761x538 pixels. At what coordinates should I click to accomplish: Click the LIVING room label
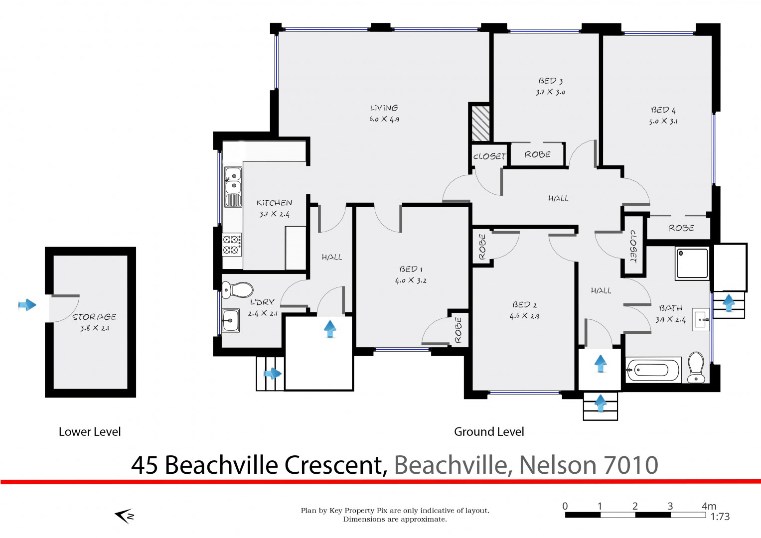point(384,108)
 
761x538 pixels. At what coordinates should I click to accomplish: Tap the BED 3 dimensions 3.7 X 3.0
point(550,92)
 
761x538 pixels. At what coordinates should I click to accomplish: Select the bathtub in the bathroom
point(653,370)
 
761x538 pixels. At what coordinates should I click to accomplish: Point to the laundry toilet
point(238,290)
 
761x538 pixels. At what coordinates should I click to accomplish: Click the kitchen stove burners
point(232,245)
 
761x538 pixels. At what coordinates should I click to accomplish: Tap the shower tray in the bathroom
point(692,264)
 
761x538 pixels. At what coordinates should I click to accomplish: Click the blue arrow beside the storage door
point(27,305)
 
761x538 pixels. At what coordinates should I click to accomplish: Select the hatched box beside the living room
point(481,124)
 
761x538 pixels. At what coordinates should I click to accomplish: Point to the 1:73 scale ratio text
point(720,517)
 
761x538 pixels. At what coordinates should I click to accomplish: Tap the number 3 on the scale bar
point(670,506)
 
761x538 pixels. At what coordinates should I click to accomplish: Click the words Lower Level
point(90,432)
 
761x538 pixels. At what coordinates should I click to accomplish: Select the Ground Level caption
point(489,432)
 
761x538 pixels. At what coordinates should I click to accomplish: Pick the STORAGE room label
point(95,317)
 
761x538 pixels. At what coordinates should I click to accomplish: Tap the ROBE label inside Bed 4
point(681,228)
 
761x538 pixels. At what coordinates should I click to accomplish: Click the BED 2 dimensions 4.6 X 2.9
point(525,316)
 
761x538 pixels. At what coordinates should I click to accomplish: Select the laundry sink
point(231,320)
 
